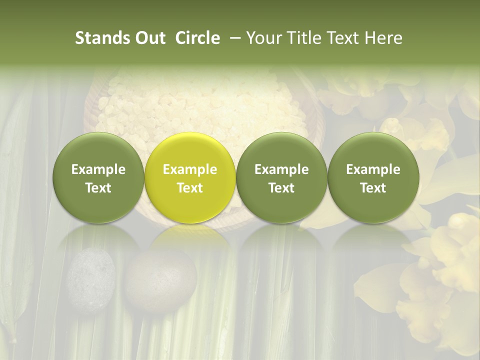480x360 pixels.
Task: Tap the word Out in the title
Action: [149, 38]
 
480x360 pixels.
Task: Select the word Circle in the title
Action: [197, 38]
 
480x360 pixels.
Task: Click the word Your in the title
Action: [263, 38]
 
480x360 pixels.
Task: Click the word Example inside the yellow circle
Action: [190, 169]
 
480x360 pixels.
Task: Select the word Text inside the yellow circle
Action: [190, 188]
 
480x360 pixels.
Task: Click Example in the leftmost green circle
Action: [98, 169]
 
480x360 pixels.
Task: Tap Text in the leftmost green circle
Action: [98, 188]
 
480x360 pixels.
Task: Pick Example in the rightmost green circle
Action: [373, 169]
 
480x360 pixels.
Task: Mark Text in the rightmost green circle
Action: [373, 188]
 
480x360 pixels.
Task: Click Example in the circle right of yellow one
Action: [281, 169]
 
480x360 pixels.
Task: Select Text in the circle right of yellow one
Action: [281, 188]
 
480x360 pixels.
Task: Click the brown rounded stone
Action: [154, 280]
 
